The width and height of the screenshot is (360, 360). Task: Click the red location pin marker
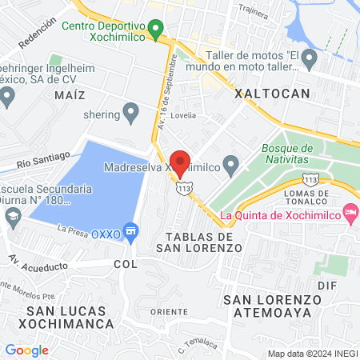coord(181,162)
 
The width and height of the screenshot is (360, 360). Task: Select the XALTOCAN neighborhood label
coord(272,94)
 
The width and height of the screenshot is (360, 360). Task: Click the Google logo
coord(26,350)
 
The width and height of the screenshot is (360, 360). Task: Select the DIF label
coord(330,284)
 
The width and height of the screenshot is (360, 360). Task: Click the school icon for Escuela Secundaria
coord(13,216)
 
